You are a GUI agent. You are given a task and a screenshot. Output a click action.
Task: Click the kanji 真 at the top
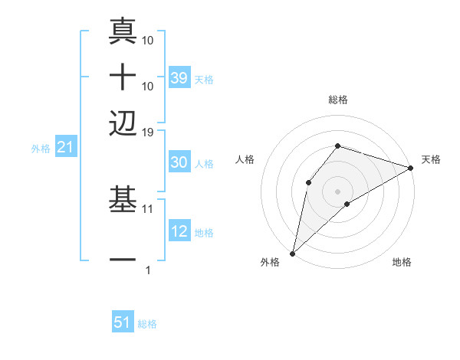tap(123, 31)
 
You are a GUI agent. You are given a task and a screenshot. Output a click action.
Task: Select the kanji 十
tap(123, 77)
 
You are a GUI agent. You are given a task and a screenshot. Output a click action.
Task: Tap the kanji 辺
tap(123, 123)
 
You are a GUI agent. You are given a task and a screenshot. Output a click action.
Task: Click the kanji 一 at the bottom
tap(123, 261)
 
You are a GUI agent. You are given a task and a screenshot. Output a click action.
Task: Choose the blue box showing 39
tap(179, 77)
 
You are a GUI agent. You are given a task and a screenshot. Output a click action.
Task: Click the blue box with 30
tap(179, 162)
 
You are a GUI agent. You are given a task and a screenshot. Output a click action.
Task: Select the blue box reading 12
tap(179, 231)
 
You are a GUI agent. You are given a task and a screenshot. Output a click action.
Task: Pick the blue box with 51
tap(123, 322)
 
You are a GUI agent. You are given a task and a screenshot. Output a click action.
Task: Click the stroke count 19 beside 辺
tap(149, 133)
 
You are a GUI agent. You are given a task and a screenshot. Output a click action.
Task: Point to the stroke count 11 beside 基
tap(149, 208)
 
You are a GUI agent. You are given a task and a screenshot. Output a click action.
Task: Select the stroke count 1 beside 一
tap(148, 270)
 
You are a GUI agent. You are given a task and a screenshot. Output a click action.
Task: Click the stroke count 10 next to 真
tap(149, 39)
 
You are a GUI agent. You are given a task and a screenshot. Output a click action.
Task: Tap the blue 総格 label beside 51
tap(147, 324)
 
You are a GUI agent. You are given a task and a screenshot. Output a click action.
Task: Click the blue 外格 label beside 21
tap(41, 148)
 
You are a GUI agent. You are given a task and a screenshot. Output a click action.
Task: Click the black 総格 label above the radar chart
tap(338, 100)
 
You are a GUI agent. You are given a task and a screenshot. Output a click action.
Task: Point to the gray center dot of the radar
tap(337, 191)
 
